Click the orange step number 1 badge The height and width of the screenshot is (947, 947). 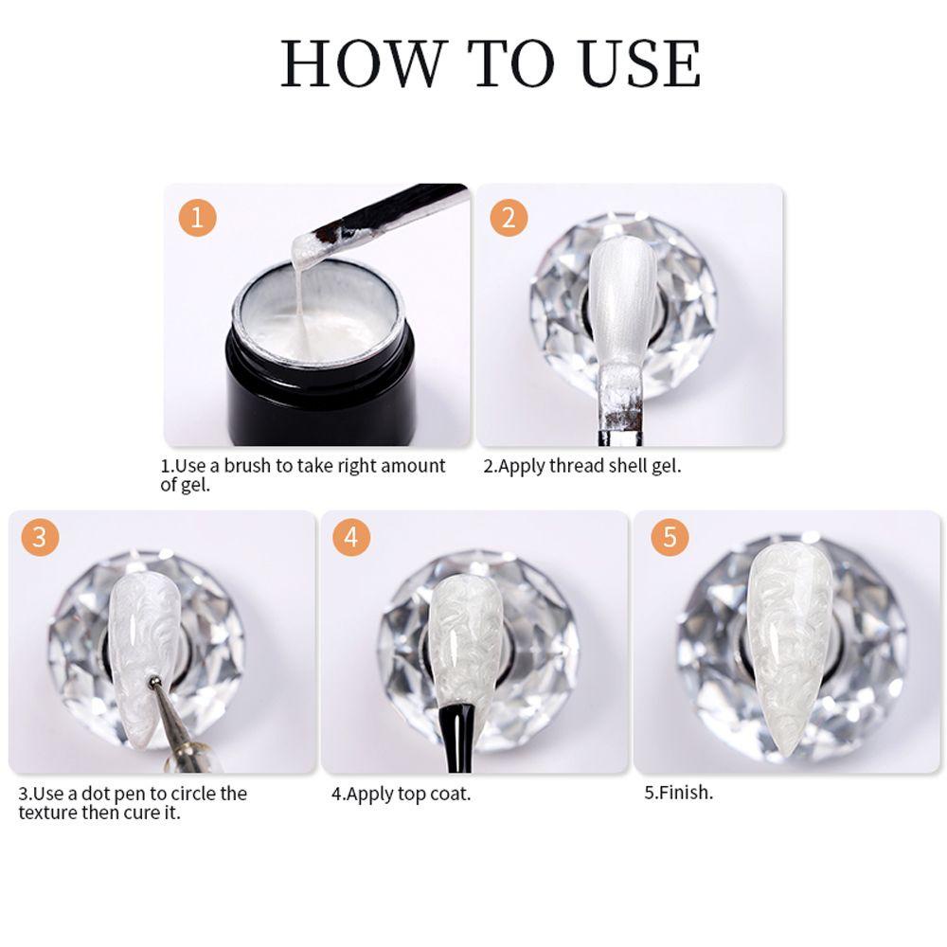click(197, 219)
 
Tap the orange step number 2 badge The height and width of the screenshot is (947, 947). click(509, 219)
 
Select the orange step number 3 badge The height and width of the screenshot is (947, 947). click(40, 538)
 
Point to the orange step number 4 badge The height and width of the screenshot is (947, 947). click(351, 538)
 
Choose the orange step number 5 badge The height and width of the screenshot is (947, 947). click(670, 538)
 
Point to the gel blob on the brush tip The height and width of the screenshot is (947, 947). click(304, 247)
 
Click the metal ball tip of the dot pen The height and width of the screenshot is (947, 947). click(153, 681)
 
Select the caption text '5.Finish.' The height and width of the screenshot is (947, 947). click(678, 793)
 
